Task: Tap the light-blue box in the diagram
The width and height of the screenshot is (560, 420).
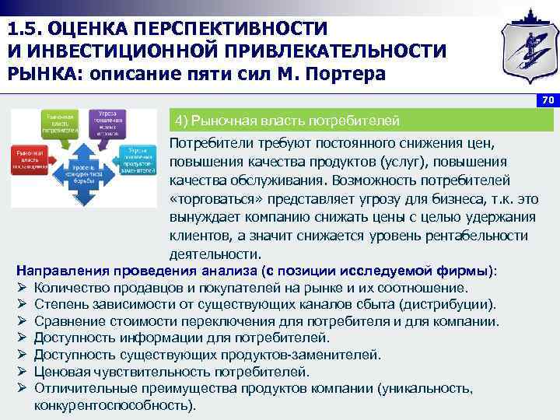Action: (140, 158)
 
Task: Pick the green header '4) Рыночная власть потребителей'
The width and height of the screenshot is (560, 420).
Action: (288, 121)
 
